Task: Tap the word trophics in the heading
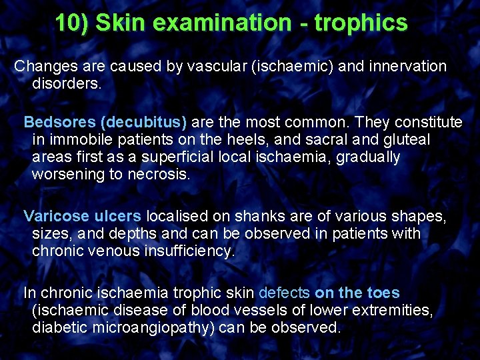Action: point(361,23)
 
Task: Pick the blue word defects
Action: point(284,293)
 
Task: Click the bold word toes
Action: point(384,293)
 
